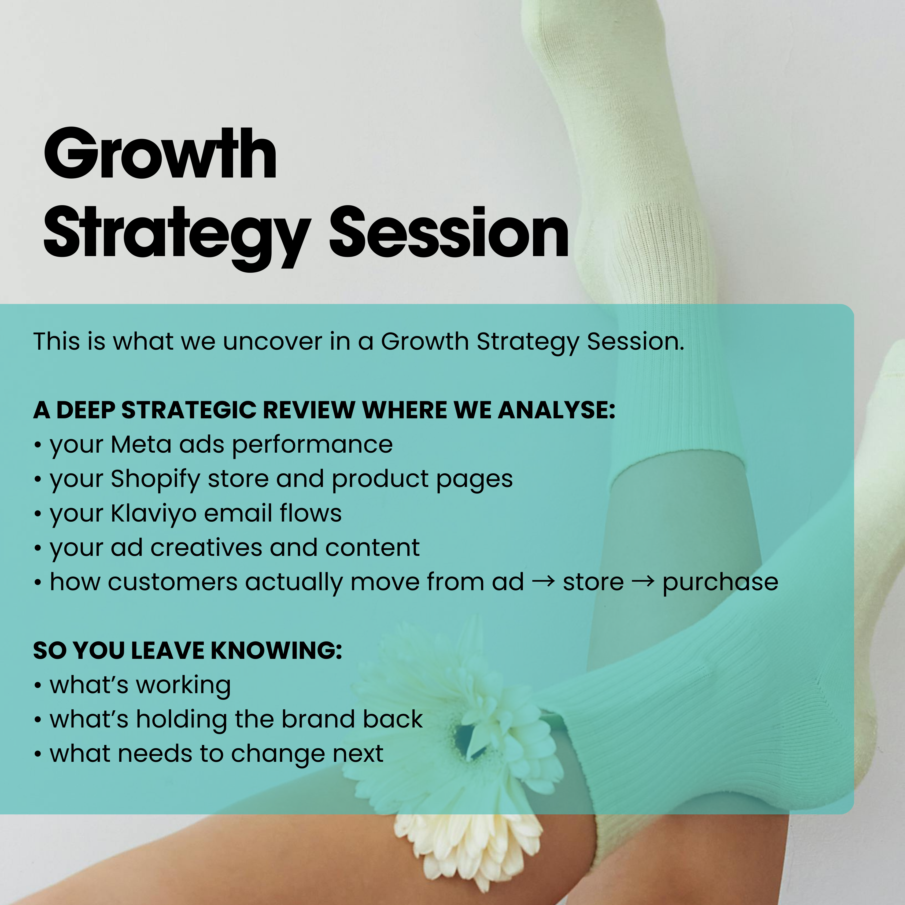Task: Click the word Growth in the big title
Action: [160, 154]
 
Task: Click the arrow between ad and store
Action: [543, 582]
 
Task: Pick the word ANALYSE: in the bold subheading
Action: [556, 410]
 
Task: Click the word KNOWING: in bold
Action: [276, 651]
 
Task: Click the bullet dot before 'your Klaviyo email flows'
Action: [38, 514]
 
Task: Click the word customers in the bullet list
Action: [172, 582]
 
